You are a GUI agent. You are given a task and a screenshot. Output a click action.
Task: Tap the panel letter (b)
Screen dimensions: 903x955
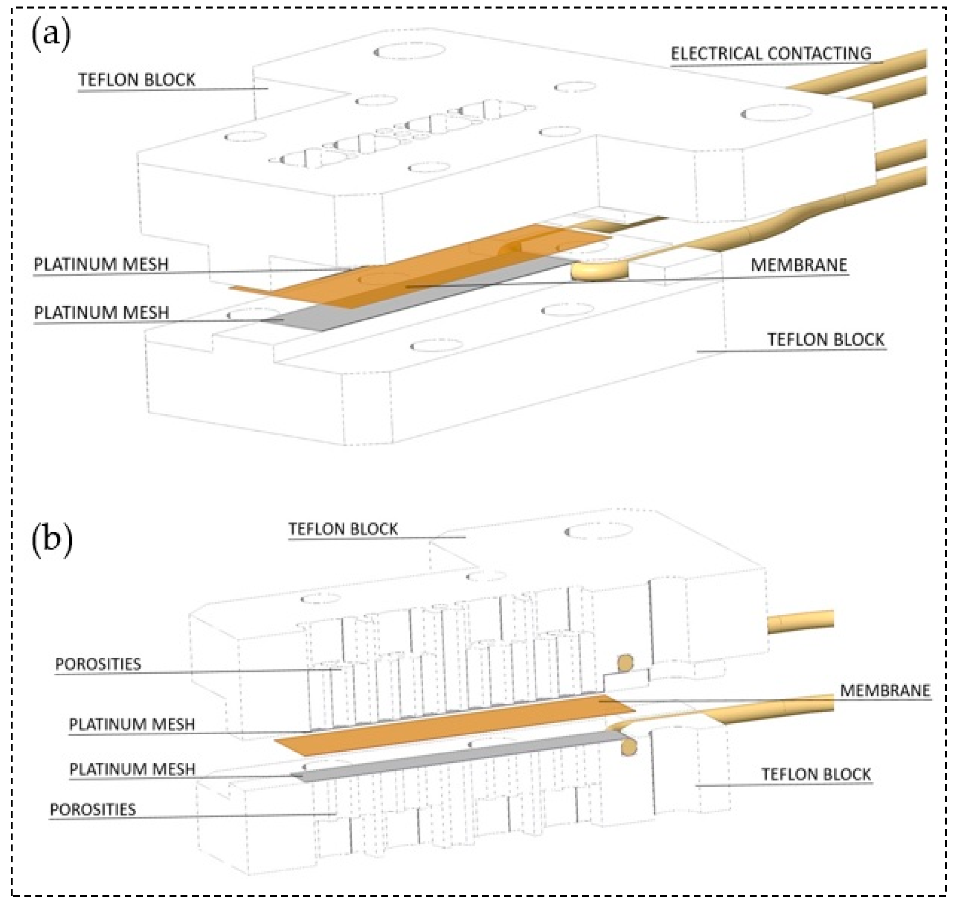52,539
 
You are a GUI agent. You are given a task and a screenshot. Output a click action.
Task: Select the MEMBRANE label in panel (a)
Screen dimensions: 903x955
798,265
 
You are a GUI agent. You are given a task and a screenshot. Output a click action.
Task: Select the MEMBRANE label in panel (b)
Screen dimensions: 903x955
885,691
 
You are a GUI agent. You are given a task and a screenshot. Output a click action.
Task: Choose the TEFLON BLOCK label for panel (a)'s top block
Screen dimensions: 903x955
137,80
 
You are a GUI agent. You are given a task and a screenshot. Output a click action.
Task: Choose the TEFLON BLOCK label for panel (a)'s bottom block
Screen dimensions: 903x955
826,340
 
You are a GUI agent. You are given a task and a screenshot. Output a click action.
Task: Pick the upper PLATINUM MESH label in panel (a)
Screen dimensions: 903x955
101,264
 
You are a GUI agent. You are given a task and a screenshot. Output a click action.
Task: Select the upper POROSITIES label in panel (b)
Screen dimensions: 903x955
98,664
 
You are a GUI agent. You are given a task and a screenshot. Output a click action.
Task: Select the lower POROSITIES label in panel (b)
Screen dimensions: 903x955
93,809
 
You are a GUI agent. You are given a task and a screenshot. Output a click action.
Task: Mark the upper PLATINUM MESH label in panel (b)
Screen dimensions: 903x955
132,725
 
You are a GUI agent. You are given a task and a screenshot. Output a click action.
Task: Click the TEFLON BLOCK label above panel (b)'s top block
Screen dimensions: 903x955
343,529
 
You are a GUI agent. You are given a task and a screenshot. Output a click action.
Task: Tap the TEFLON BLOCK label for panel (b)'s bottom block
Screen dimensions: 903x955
816,775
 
